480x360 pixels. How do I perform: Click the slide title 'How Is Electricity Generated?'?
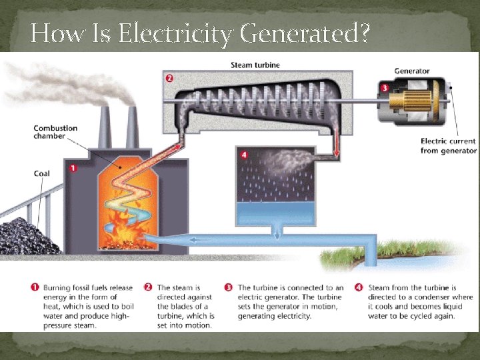[x=200, y=33]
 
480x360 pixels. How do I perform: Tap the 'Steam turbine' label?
[x=255, y=65]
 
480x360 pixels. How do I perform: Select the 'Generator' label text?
[x=411, y=71]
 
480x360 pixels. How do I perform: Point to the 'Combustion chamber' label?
[x=56, y=132]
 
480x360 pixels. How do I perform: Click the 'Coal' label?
[x=42, y=174]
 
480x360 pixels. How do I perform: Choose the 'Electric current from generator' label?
[x=448, y=145]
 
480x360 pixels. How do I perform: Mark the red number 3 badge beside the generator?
[x=385, y=87]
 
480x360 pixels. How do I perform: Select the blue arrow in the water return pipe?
[x=200, y=238]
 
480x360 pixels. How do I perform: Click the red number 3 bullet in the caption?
[x=228, y=288]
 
